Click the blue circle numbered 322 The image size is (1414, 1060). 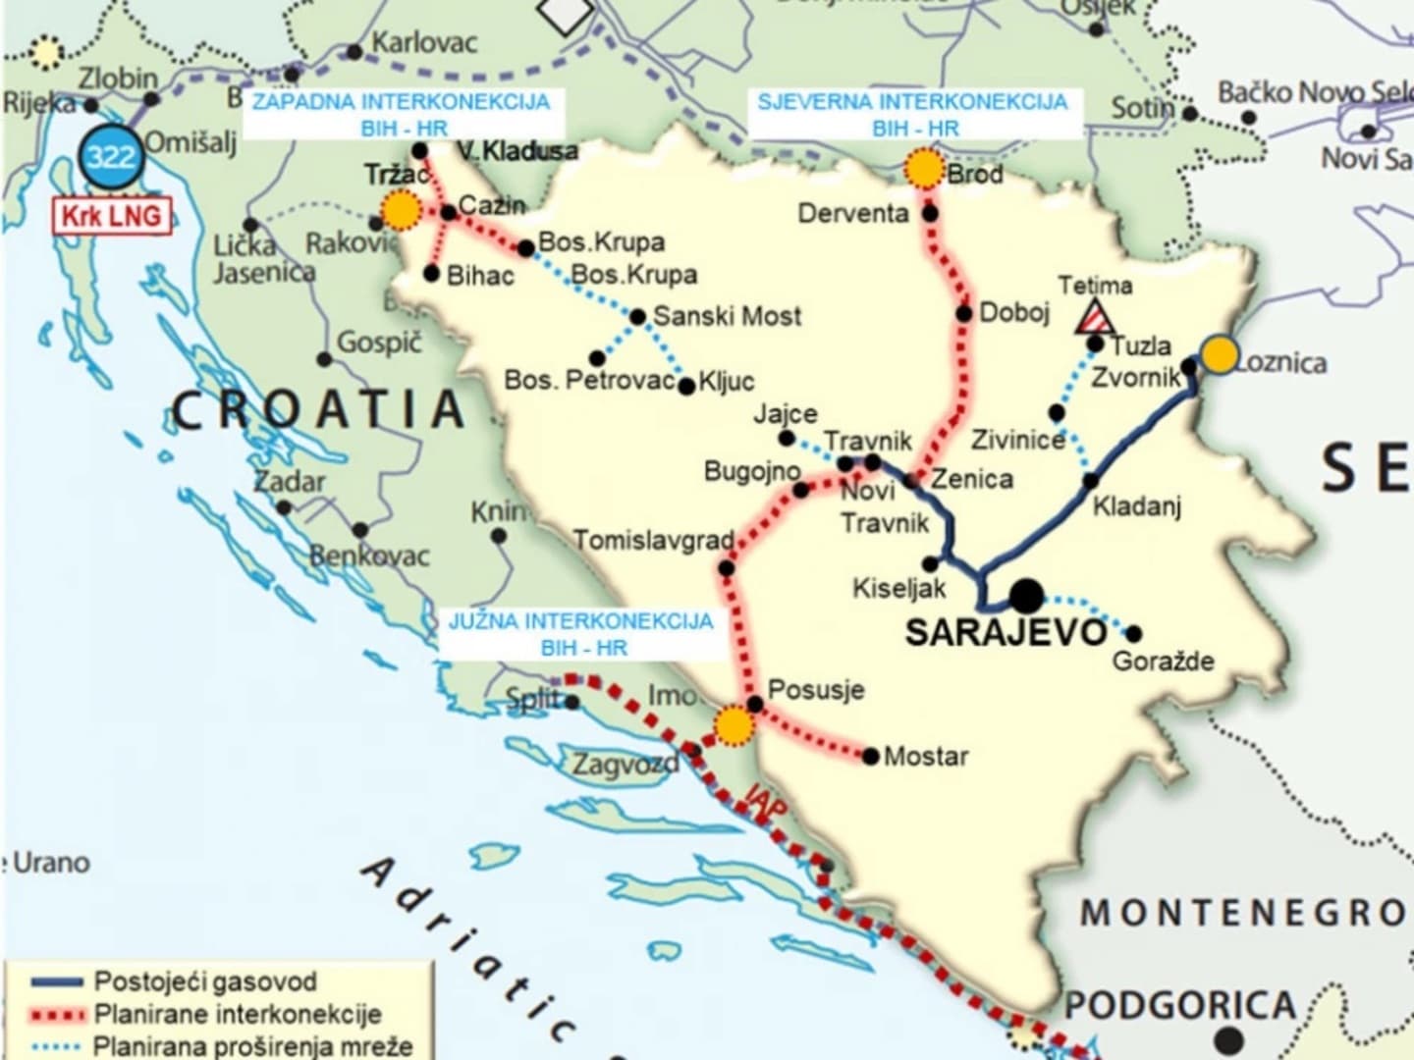coord(110,156)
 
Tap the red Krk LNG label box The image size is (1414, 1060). coord(112,215)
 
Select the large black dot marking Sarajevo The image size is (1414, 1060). coord(1026,595)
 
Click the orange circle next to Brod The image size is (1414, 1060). coord(923,169)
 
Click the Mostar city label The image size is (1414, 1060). coord(925,757)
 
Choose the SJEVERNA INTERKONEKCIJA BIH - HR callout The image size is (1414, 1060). coord(913,115)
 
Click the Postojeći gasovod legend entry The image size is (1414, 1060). coord(204,981)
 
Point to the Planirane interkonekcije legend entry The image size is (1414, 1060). coord(236,1014)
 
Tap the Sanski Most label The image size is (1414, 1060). coord(727,316)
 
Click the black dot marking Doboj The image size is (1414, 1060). coord(963,314)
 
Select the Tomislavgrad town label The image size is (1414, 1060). coord(654,541)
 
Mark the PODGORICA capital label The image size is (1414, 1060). coord(1180,1006)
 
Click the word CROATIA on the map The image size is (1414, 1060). coord(318,409)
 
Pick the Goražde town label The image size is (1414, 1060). coord(1163,661)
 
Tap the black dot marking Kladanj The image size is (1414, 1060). coord(1091,481)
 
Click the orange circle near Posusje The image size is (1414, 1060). coord(734,725)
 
